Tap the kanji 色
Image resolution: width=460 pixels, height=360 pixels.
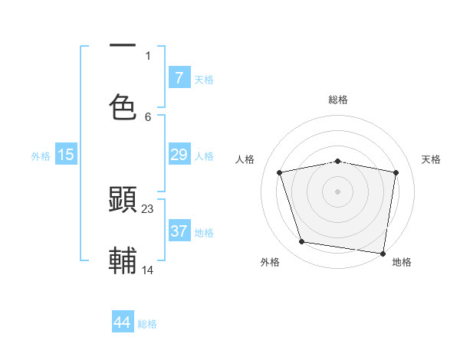coord(123,106)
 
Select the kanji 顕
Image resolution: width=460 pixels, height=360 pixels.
coord(123,200)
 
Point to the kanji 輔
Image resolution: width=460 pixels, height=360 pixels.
coord(123,260)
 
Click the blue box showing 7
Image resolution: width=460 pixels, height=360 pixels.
coord(179,78)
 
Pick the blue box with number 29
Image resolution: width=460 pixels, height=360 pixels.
coord(179,155)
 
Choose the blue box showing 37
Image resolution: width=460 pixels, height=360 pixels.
coord(179,231)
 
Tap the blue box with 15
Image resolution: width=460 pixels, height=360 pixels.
coord(66,155)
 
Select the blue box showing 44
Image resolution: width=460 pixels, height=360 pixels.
coord(123,322)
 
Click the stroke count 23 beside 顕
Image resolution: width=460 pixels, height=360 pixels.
coord(148,208)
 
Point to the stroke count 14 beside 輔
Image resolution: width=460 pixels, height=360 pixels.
coord(148,270)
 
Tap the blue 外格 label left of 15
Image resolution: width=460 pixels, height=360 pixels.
coord(41,156)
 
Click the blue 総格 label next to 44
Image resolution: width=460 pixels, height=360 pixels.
coord(147,324)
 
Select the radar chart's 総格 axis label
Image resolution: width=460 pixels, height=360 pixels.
coord(338,100)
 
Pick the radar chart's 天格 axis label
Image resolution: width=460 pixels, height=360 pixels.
coord(432,159)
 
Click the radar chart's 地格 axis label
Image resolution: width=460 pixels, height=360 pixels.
coord(402,263)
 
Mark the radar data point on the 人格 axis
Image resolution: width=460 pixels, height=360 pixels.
coord(280,172)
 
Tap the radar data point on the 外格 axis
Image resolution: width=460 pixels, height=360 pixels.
coord(302,242)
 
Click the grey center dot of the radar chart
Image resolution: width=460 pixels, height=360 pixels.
coord(338,191)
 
